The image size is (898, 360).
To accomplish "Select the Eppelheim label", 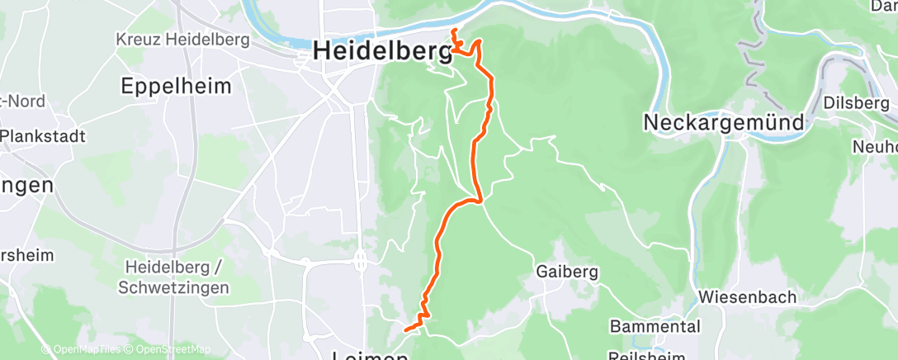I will tap(176, 86).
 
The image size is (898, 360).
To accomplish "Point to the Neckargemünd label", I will tap(724, 122).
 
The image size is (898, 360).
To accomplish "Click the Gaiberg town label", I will tap(566, 271).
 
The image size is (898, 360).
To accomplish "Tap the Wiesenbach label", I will tap(746, 296).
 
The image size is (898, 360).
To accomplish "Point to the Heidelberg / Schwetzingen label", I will tap(173, 277).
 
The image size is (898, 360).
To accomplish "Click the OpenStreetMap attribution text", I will tap(172, 349).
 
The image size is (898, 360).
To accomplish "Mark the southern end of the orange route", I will tap(405, 330).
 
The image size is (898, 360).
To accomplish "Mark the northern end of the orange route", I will tap(453, 31).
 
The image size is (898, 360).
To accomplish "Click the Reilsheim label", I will tap(647, 356).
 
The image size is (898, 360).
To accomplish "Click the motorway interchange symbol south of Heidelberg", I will tap(361, 262).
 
